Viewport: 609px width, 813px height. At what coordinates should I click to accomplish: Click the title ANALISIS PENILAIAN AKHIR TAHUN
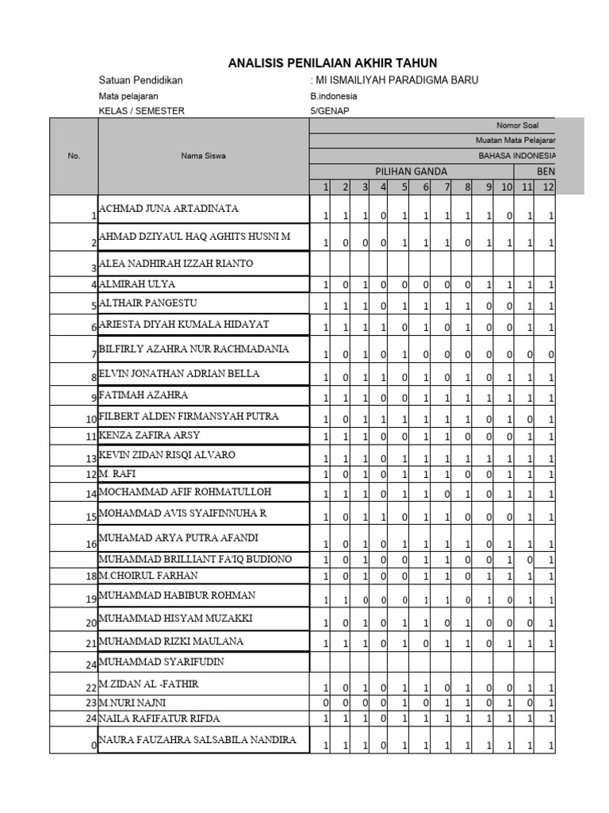point(332,63)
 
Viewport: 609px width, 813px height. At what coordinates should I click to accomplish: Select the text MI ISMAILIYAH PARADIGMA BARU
point(396,81)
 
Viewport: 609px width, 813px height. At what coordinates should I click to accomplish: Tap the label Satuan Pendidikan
point(140,81)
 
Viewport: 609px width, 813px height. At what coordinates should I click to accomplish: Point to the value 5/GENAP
point(329,111)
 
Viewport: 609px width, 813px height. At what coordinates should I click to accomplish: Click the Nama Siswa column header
point(204,156)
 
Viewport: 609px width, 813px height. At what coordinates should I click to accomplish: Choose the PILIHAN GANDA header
point(411,171)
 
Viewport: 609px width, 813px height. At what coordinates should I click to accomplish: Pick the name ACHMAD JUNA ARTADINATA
point(168,209)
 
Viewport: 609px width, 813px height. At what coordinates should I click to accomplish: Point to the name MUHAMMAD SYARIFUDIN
point(161,661)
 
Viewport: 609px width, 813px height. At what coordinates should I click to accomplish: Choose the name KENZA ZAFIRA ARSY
point(149,435)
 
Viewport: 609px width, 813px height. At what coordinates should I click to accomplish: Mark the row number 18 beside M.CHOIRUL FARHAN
point(92,576)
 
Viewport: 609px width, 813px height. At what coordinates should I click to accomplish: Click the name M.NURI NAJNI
point(132,703)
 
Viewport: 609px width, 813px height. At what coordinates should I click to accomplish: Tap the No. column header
point(75,156)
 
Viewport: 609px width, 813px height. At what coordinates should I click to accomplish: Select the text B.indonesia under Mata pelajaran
point(334,96)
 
